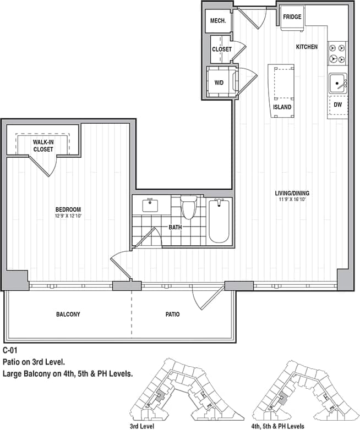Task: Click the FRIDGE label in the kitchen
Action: point(292,17)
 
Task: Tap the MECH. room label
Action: point(217,22)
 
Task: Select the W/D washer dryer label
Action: point(219,84)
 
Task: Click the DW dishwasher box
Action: point(337,104)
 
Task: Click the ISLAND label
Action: point(282,107)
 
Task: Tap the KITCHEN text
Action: point(307,47)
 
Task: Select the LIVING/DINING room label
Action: point(292,193)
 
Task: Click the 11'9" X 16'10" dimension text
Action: point(292,200)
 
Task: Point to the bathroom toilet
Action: point(189,208)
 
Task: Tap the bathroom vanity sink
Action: point(150,206)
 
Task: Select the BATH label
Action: point(176,227)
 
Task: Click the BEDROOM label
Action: point(68,210)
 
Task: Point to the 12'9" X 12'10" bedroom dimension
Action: point(68,216)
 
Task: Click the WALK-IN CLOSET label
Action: point(43,146)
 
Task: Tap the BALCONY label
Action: point(68,315)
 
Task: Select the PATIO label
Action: point(172,315)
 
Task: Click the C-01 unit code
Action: point(12,350)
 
